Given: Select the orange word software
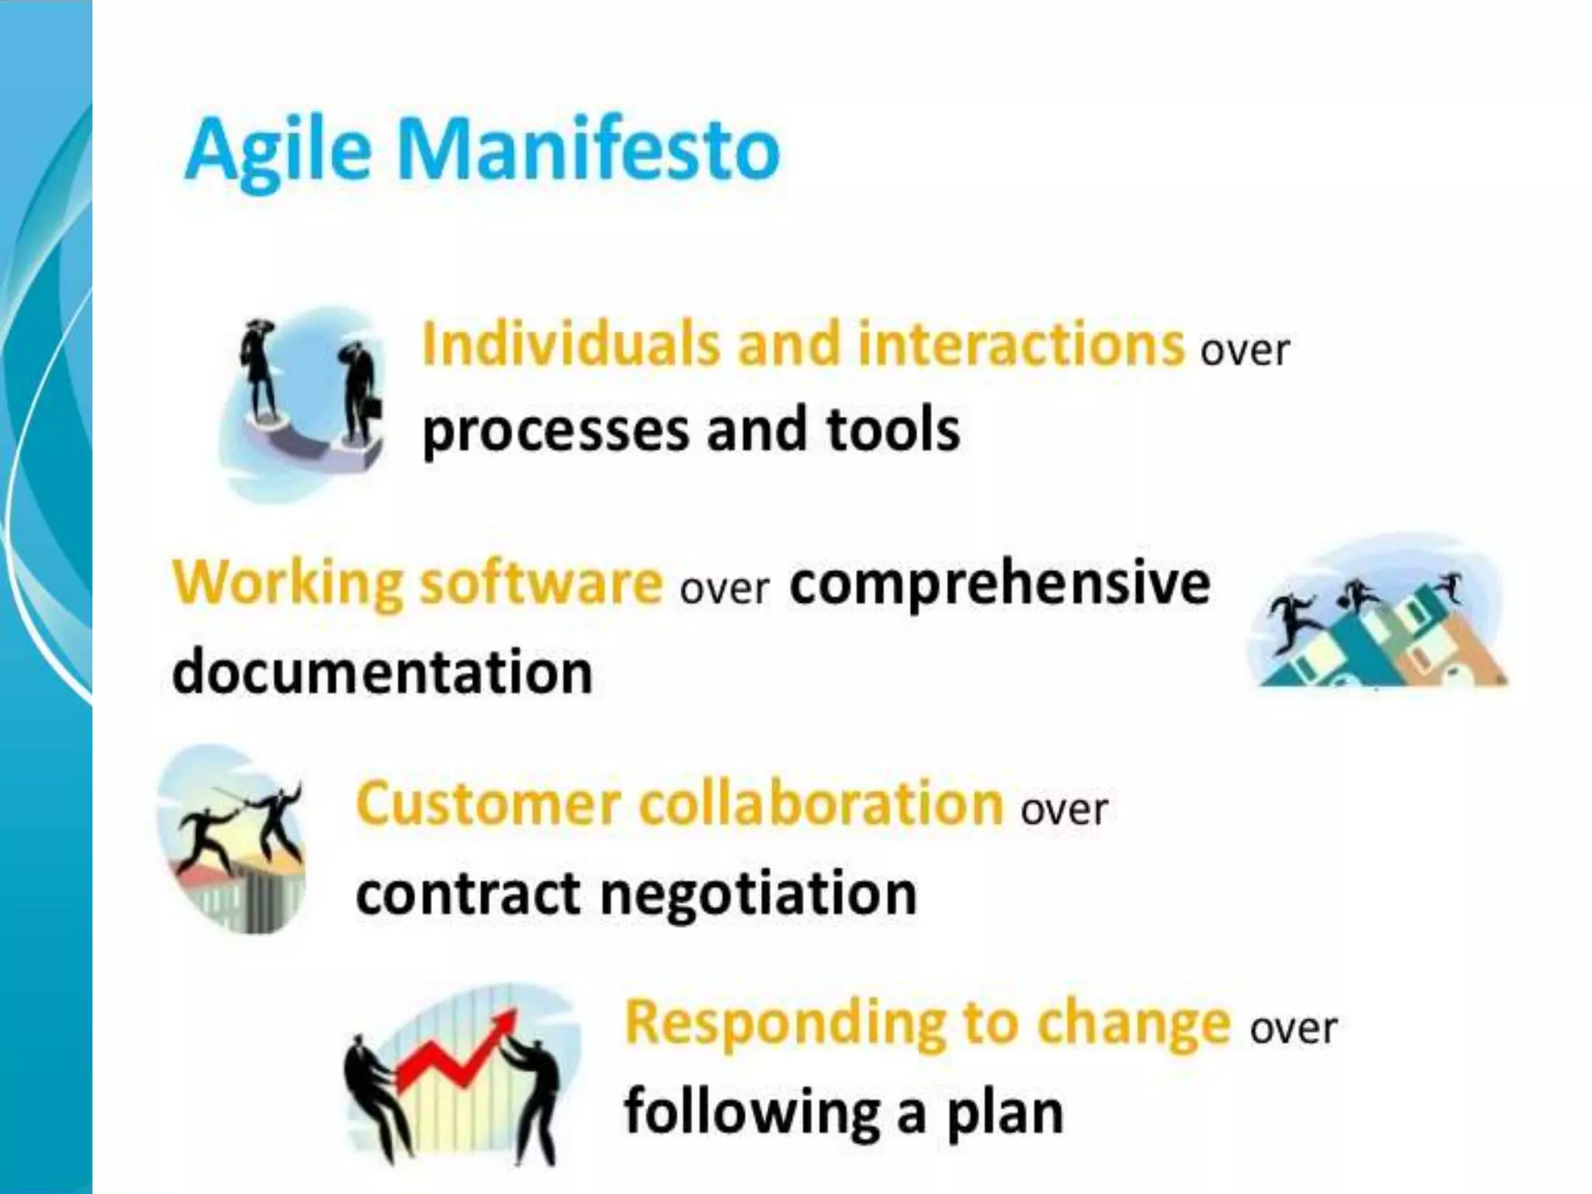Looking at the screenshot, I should coord(541,583).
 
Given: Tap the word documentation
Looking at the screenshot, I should coord(382,672).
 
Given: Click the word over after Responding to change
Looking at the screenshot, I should coord(1293,1028).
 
